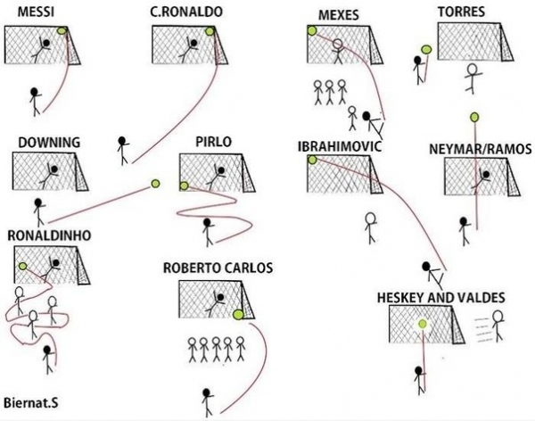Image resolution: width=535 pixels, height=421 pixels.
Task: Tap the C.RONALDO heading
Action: (186, 12)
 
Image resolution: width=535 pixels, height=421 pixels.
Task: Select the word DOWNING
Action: (50, 142)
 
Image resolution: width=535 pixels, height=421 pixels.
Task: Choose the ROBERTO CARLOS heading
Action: (218, 268)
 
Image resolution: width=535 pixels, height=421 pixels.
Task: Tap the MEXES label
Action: (338, 15)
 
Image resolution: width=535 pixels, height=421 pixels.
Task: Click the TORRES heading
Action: (461, 12)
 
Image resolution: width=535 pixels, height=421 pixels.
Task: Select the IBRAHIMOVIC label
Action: (341, 145)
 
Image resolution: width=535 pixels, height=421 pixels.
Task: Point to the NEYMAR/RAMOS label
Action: (479, 148)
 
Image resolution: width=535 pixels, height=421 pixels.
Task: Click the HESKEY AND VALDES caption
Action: (443, 296)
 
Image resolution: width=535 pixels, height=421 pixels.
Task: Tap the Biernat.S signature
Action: (31, 402)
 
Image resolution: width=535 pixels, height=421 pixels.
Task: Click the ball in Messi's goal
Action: (62, 30)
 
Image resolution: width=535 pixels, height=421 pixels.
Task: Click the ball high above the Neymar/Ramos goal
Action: (473, 115)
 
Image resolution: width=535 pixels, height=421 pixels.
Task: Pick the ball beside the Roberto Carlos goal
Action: (238, 314)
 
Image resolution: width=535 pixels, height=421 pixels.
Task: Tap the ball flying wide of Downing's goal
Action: (155, 184)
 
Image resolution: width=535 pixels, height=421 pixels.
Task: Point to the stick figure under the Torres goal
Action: (472, 78)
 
